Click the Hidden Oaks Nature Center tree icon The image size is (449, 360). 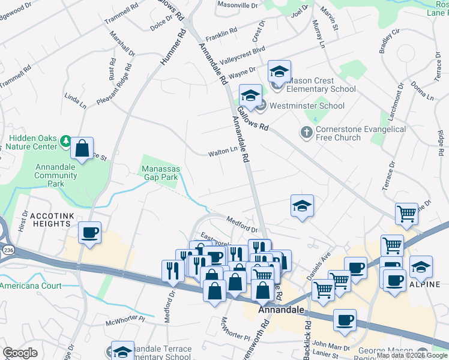coord(66,142)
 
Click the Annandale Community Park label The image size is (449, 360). coord(56,171)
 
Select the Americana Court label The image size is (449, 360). coord(31,286)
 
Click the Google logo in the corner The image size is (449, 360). coord(20,353)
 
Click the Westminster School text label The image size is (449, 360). coord(307,106)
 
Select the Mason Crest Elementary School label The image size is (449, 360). coord(321,85)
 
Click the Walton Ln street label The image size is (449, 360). coord(223,154)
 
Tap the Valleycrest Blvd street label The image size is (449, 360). coord(242,57)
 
